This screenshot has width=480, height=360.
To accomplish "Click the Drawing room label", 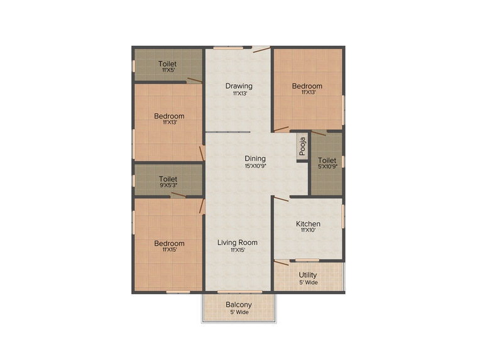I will (239, 86).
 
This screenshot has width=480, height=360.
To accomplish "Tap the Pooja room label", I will (302, 146).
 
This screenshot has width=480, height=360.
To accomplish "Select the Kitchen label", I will (308, 224).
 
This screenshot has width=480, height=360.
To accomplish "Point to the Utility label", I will (308, 275).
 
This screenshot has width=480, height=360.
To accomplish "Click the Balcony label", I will (239, 305).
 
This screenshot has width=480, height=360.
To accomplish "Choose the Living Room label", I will (237, 243).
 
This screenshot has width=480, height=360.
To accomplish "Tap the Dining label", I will (255, 158).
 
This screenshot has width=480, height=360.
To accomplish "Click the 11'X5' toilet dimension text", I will (167, 70).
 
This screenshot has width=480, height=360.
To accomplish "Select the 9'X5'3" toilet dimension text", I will (168, 186).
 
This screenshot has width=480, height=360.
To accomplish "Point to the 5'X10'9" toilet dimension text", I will (327, 166).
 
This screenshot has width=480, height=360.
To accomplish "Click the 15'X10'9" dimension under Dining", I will (255, 166).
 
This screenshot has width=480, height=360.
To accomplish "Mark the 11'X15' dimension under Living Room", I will (237, 250).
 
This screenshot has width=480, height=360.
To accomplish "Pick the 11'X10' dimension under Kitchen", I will (308, 231).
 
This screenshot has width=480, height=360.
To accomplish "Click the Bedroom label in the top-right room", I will (307, 86).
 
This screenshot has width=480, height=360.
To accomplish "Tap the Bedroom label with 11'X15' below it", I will (170, 243).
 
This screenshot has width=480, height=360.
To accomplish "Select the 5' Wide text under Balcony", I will (239, 312).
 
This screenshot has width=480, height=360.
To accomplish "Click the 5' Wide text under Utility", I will (308, 282).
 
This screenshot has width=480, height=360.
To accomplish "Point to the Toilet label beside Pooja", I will (327, 160).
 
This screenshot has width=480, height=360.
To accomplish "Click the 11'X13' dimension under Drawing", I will (239, 94).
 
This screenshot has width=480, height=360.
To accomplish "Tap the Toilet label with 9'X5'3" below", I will (168, 179).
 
